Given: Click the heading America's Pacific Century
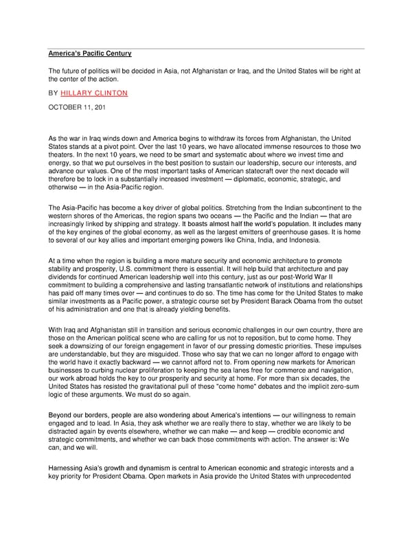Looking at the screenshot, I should [x=89, y=54].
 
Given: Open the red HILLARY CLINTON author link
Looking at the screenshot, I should [x=94, y=93].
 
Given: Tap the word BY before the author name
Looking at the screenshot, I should [x=53, y=93].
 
